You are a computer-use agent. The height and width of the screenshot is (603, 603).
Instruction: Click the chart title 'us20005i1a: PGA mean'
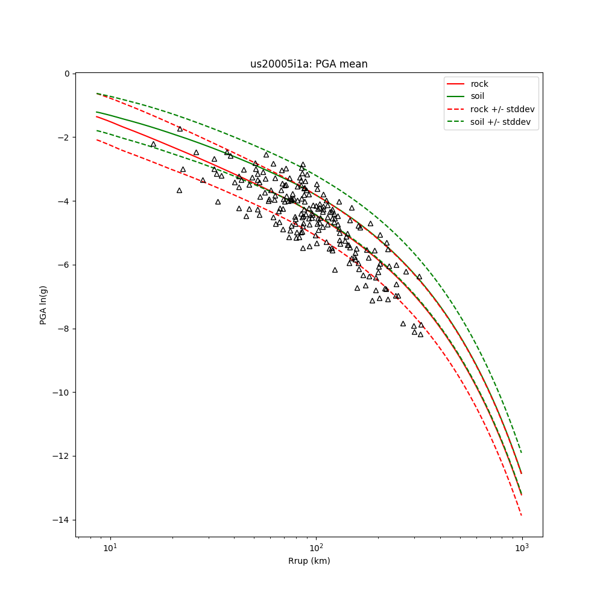(x=309, y=64)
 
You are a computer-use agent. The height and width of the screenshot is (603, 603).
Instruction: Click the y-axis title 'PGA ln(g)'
(x=43, y=305)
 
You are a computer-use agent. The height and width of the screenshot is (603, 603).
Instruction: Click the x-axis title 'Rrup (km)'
(x=309, y=561)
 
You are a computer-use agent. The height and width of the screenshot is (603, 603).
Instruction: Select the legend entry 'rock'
(x=479, y=84)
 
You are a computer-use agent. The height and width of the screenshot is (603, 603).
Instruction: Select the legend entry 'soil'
(x=478, y=96)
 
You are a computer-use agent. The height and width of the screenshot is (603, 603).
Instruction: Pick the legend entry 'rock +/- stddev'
(x=502, y=109)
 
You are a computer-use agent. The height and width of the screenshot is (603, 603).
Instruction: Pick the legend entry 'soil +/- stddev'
(x=502, y=122)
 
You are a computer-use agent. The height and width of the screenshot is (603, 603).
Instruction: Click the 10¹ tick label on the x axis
(x=110, y=548)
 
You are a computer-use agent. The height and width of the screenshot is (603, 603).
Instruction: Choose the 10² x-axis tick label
(x=316, y=548)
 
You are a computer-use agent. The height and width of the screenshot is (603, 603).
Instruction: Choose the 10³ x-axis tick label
(x=522, y=548)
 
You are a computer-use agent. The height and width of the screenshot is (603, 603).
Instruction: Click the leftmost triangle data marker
(x=153, y=144)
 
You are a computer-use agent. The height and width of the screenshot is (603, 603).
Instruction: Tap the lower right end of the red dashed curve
(x=522, y=515)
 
